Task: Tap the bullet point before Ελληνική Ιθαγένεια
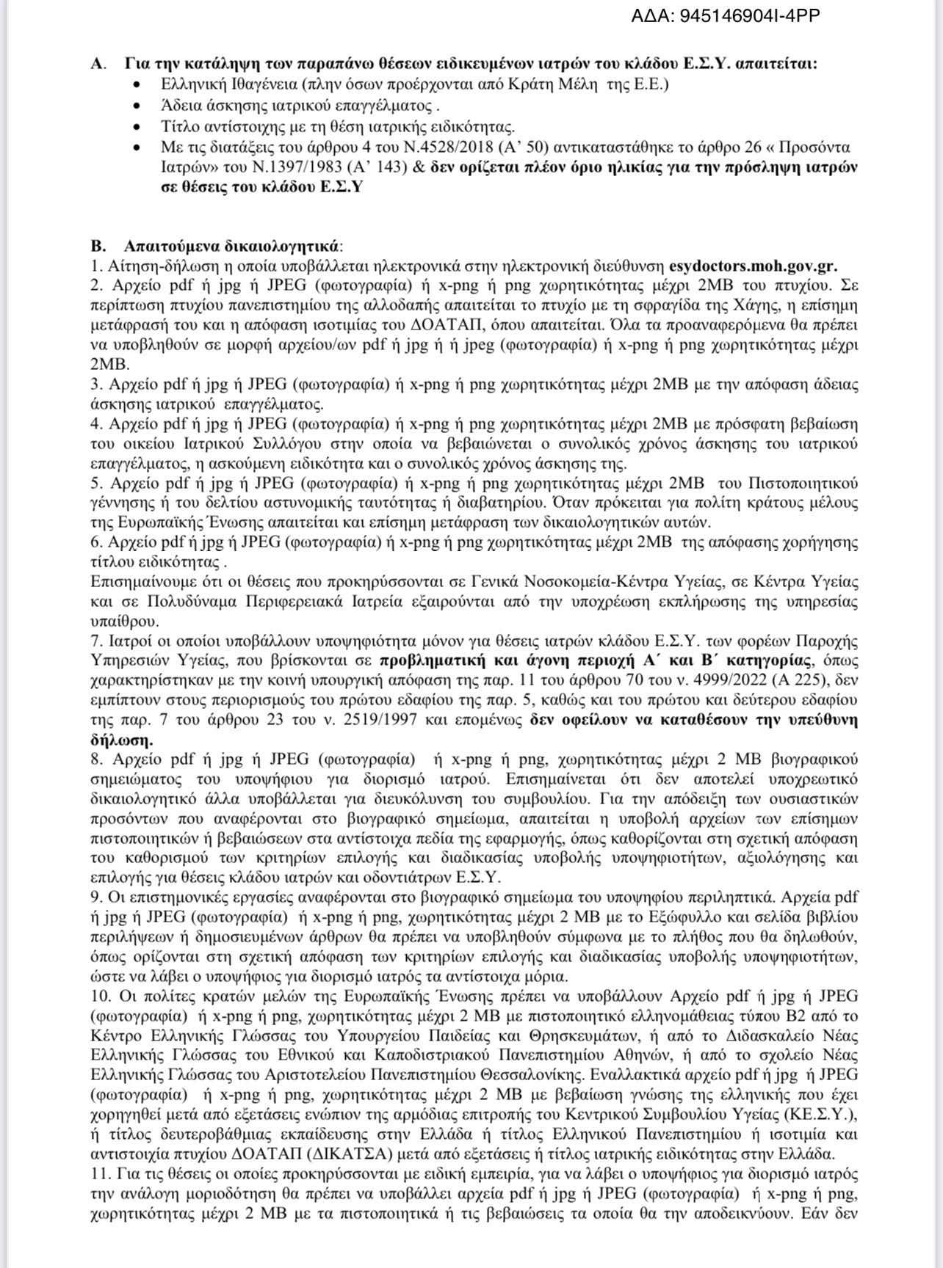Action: point(137,84)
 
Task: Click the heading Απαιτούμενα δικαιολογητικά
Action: point(232,246)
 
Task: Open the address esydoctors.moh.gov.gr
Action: point(754,266)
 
